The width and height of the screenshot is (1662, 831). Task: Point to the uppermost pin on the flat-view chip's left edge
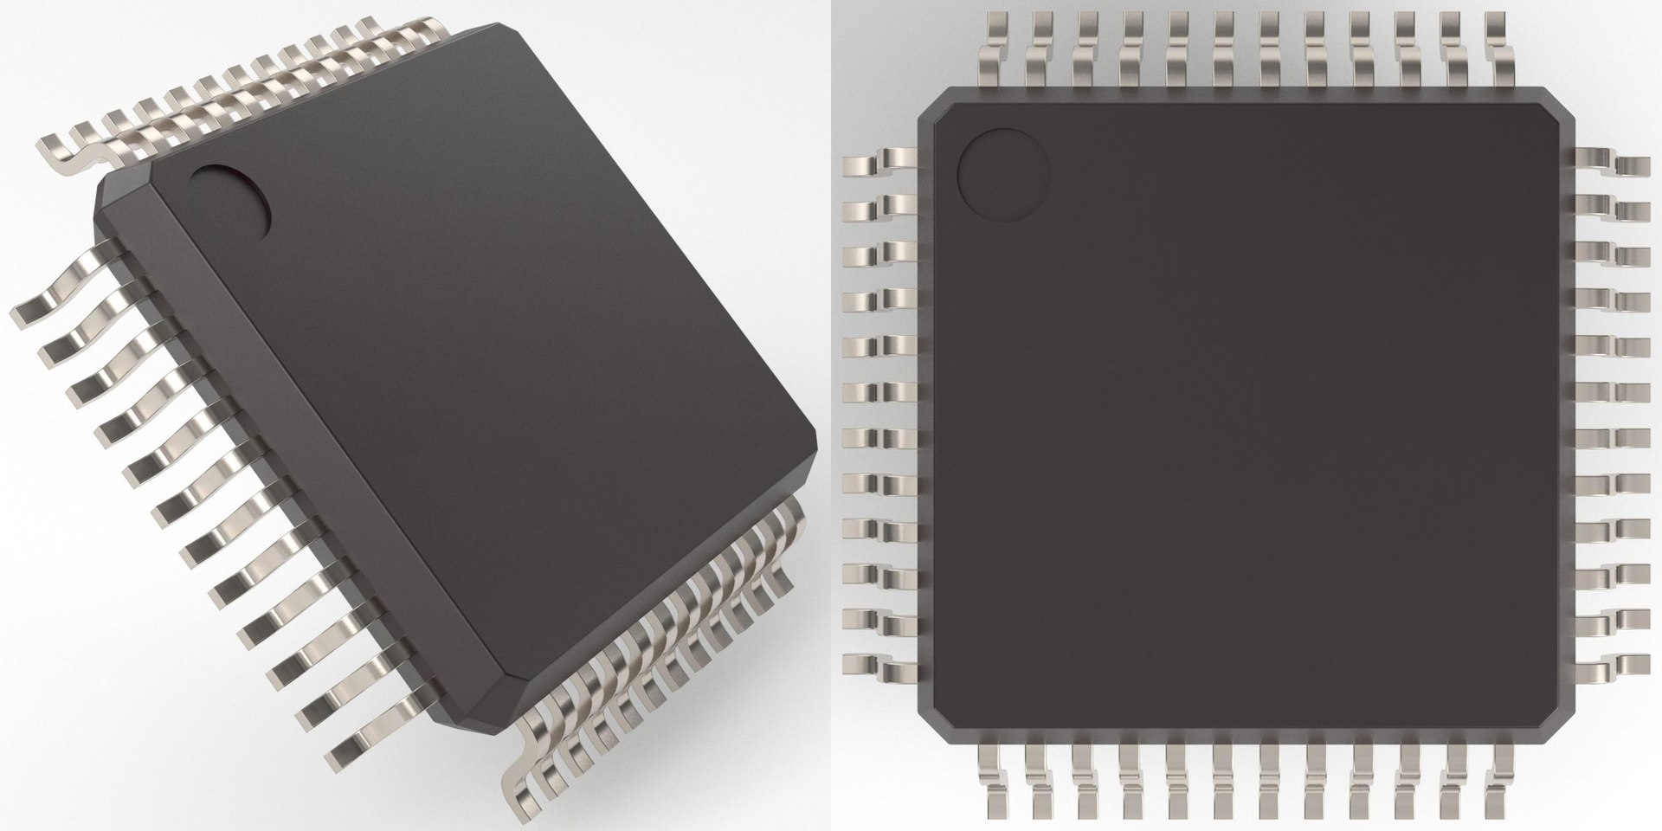click(874, 161)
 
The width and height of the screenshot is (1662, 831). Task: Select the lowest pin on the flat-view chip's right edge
click(1614, 667)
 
